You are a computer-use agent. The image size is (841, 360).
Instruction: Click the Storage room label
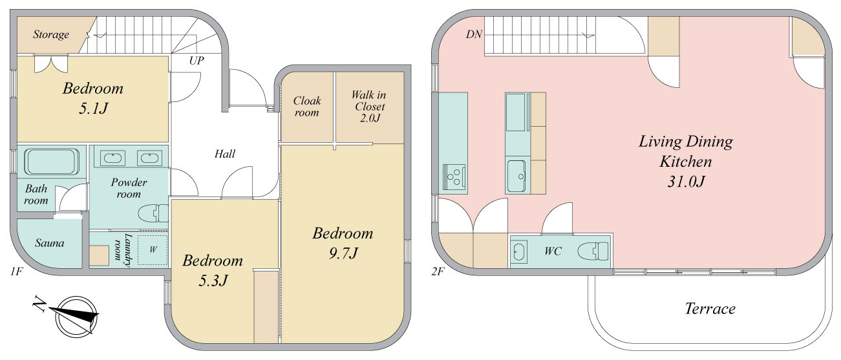51,34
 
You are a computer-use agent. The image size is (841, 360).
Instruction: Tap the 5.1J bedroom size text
94,109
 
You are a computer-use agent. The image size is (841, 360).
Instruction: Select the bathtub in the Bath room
52,162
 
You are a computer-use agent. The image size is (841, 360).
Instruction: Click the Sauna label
50,243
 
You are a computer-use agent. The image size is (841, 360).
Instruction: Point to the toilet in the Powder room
153,213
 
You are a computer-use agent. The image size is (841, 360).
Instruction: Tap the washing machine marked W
153,249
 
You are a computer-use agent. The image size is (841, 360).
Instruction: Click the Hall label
225,154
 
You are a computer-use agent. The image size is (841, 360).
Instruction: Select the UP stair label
197,61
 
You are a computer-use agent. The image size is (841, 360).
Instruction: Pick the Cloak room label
307,106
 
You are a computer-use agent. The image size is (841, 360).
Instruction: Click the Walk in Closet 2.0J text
369,106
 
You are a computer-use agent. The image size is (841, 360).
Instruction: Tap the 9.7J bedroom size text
343,253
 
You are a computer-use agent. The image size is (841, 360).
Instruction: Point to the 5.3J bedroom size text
213,281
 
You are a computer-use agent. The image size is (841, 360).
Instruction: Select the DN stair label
474,34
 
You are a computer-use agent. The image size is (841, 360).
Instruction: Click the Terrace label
710,308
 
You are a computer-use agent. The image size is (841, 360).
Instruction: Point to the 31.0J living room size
686,182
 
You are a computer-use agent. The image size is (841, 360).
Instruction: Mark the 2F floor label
438,271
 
